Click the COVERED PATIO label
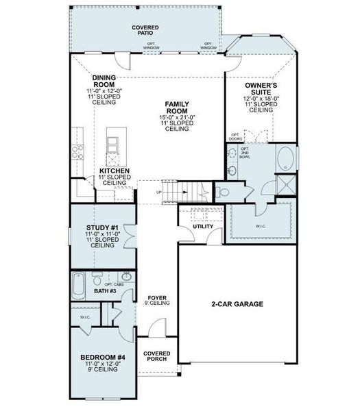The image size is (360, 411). [x=145, y=30]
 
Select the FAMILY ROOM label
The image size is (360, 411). [x=176, y=108]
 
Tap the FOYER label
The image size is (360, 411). [x=158, y=299]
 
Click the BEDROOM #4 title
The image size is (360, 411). [x=102, y=357]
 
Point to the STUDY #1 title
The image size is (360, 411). [x=101, y=228]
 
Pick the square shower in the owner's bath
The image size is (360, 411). [x=287, y=184]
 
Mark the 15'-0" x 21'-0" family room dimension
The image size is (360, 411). [x=176, y=117]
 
